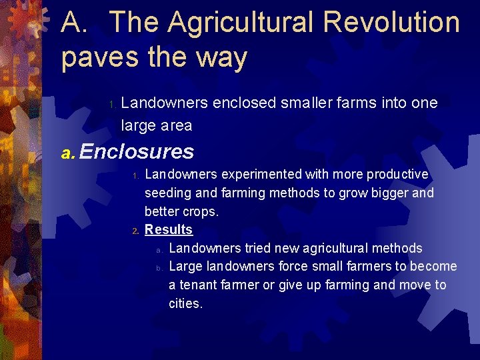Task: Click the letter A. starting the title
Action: pos(79,22)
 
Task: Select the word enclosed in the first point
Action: pos(247,103)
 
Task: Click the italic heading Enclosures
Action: pos(137,152)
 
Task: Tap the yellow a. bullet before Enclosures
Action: pos(68,153)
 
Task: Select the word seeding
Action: pos(167,193)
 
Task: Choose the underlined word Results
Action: pos(169,230)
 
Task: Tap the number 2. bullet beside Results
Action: pos(135,231)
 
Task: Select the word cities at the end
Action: pos(185,304)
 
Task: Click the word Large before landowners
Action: pos(185,267)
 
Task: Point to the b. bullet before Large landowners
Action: pos(159,268)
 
